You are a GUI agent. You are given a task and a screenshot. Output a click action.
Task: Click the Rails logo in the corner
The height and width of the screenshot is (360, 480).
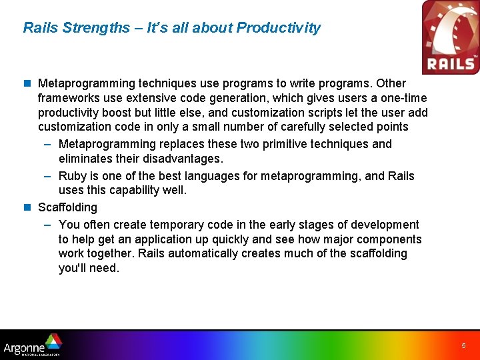(x=451, y=37)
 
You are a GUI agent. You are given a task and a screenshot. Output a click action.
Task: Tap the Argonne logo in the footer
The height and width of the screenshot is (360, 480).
(x=33, y=345)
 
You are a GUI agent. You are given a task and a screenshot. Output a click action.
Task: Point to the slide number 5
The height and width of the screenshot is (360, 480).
(x=463, y=345)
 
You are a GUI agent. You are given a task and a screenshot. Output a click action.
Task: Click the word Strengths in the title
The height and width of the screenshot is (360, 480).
(x=96, y=27)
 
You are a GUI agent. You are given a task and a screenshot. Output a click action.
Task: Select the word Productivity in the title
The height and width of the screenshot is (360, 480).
(x=278, y=27)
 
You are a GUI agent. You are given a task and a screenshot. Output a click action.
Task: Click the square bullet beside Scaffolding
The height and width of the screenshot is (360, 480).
(x=27, y=207)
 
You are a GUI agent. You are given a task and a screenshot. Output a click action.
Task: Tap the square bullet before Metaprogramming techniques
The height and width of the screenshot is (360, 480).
(x=27, y=83)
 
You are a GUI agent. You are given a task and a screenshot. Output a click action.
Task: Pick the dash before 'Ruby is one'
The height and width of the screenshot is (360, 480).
(x=47, y=176)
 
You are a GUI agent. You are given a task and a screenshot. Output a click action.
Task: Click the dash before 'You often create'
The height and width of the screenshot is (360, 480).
(x=47, y=225)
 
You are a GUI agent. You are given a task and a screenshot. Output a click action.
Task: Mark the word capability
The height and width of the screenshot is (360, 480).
(x=134, y=191)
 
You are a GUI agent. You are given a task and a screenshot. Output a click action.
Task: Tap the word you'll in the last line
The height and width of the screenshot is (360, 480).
(x=72, y=268)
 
